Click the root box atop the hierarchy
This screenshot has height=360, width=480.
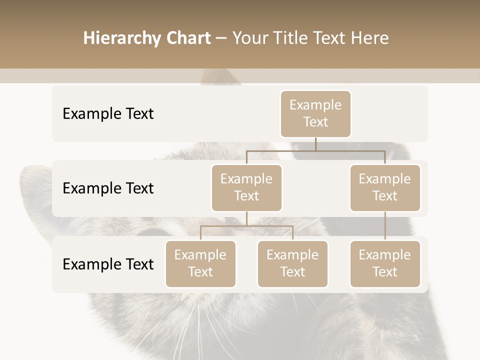coord(315,113)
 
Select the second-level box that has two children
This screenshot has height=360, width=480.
coord(246,187)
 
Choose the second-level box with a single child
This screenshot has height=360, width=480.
coord(385,187)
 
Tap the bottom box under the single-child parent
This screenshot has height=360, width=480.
coord(385,263)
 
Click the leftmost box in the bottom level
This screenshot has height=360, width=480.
coord(200,263)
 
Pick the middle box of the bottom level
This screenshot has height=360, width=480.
coord(292,263)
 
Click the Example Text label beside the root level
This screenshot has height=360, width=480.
coord(108,113)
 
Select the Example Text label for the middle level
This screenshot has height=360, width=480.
coord(108,188)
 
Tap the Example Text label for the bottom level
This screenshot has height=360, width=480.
coord(108,264)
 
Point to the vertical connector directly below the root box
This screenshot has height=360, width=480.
coord(315,144)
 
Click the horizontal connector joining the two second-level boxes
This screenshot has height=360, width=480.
coord(315,150)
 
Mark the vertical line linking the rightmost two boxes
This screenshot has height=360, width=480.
coord(385,226)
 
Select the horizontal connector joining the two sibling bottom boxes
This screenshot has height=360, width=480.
coord(246,226)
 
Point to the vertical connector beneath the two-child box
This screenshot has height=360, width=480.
coord(246,218)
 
